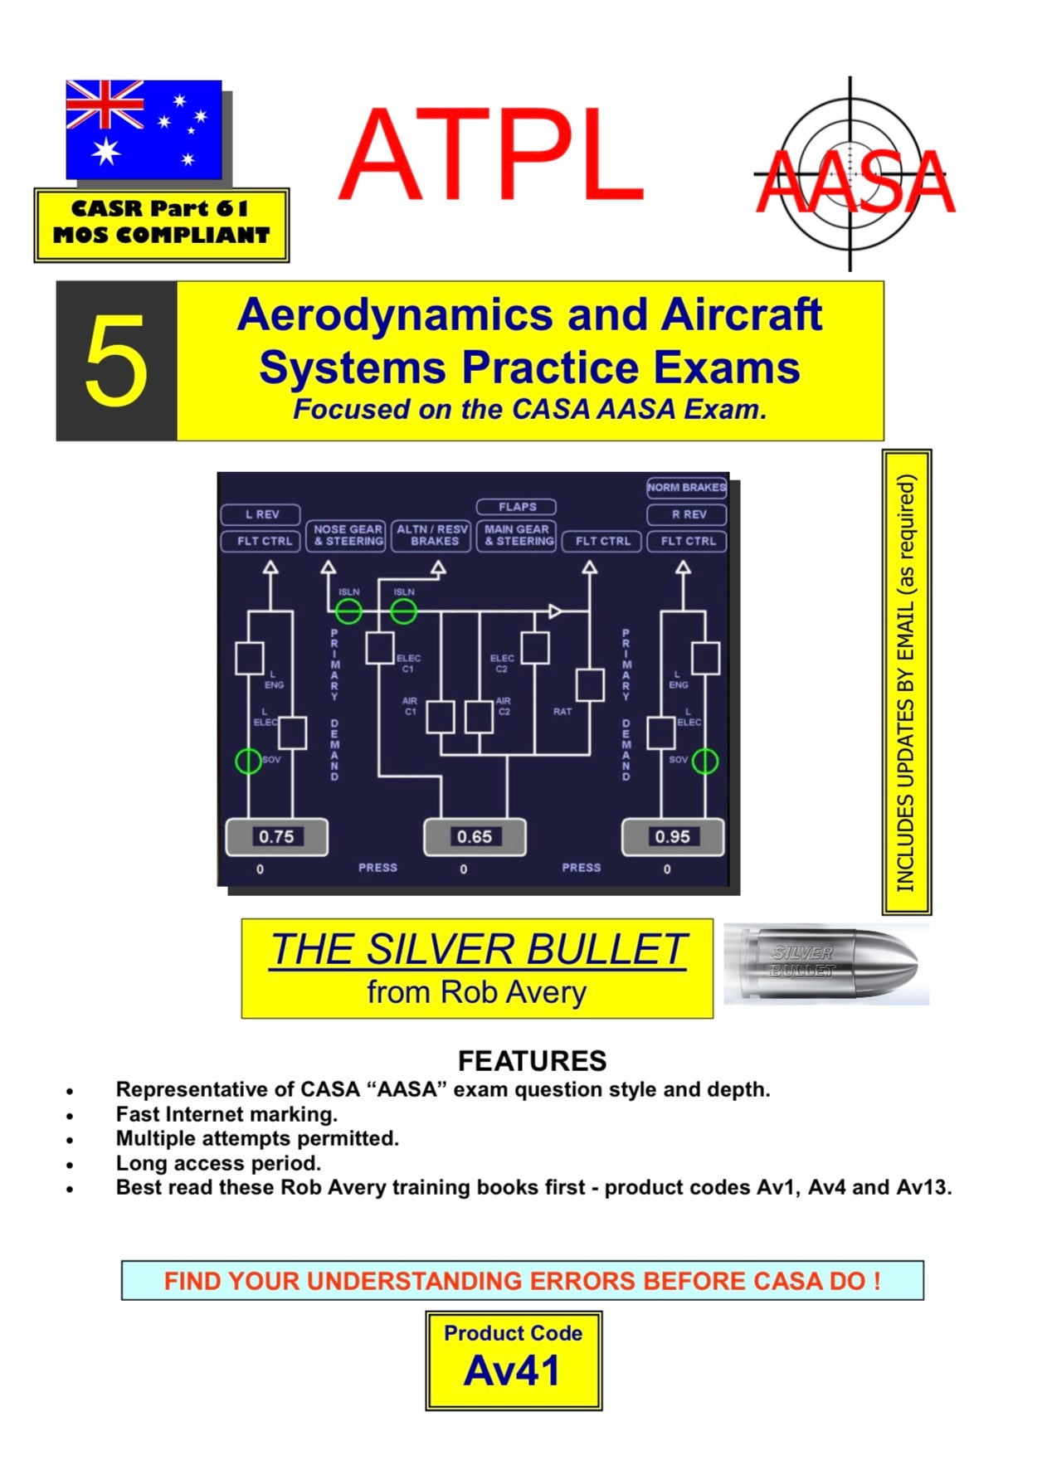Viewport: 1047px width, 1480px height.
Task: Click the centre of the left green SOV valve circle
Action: click(248, 761)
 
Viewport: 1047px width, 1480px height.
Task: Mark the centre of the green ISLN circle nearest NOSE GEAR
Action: click(348, 612)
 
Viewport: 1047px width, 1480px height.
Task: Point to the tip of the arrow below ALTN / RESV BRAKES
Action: click(439, 562)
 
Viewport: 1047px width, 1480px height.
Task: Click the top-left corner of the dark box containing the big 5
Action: click(56, 281)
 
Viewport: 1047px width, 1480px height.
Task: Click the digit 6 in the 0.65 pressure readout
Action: click(473, 837)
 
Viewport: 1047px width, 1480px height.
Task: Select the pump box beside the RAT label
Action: click(590, 685)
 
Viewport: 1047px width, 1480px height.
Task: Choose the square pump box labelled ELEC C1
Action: click(380, 648)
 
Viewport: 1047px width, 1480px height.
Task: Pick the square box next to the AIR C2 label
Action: click(479, 717)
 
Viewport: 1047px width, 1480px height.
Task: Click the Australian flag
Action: click(144, 129)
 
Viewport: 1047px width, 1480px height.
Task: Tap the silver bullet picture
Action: click(826, 964)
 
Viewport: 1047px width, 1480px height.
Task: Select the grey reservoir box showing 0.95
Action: click(673, 837)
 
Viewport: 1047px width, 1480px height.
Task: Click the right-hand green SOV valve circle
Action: click(705, 761)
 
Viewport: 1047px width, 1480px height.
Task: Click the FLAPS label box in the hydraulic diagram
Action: click(517, 507)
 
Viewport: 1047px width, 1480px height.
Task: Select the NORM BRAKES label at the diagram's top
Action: click(686, 488)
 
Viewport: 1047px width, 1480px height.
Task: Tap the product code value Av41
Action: click(512, 1370)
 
